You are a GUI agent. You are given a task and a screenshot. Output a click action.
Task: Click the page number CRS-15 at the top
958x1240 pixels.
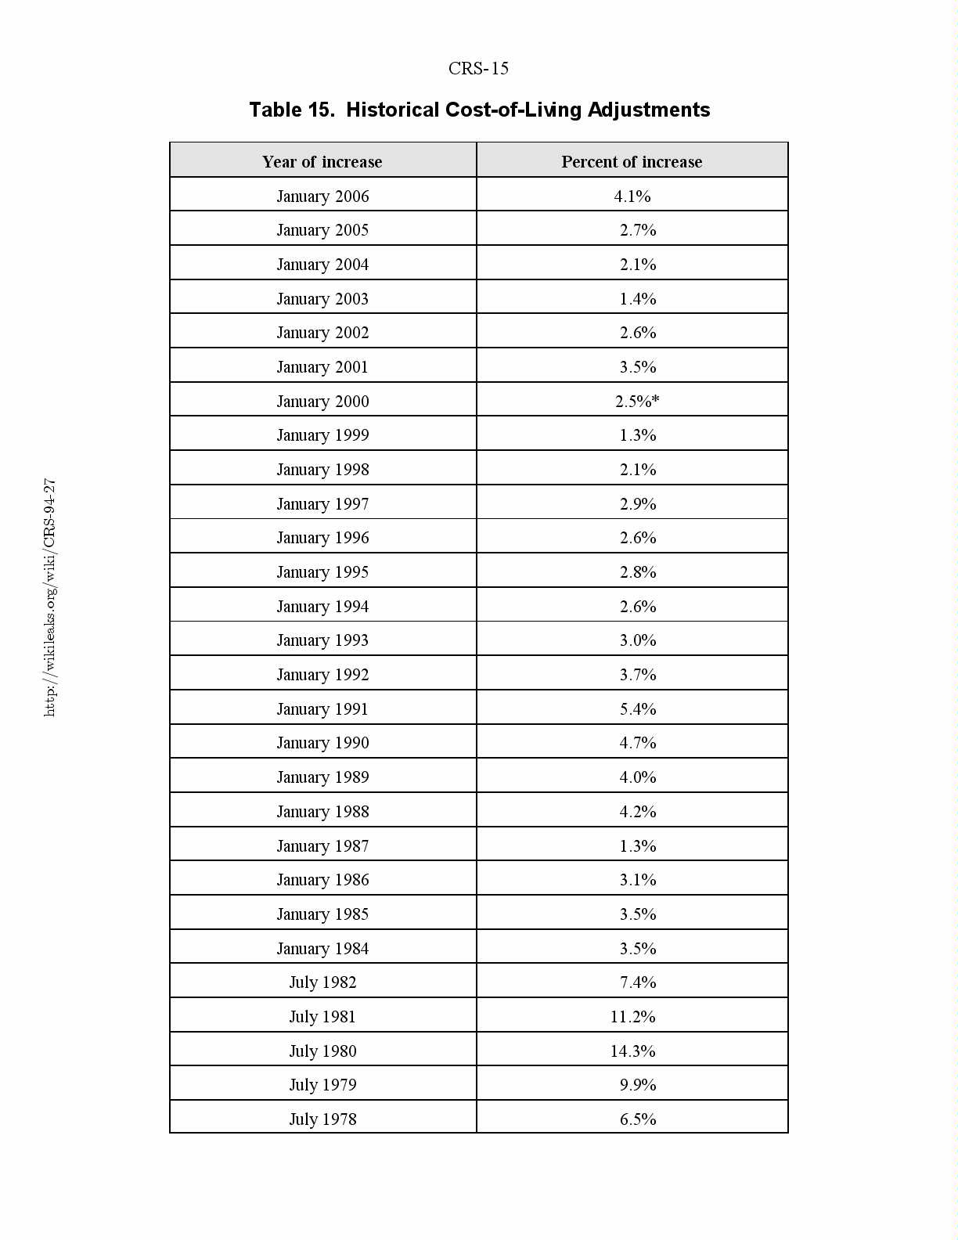[478, 69]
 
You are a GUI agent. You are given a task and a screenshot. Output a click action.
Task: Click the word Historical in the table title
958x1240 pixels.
[392, 110]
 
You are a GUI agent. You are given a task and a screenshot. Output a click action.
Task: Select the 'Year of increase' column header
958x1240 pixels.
[322, 162]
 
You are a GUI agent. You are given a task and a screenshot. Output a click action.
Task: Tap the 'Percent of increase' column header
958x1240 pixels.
[632, 162]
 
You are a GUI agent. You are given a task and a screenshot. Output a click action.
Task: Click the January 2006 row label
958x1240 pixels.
[322, 196]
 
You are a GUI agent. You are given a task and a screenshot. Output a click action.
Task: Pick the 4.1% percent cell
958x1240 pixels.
[632, 196]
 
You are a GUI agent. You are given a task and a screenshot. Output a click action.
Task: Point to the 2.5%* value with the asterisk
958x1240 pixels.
[637, 402]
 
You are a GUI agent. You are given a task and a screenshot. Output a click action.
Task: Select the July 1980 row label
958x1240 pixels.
[322, 1051]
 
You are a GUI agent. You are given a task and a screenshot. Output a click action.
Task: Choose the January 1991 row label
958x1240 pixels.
[322, 709]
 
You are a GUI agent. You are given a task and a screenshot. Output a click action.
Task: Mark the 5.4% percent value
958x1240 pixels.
[638, 709]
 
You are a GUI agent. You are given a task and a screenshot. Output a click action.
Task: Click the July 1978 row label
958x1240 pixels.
[322, 1119]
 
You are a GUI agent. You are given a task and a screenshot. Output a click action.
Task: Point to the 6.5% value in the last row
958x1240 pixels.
[638, 1119]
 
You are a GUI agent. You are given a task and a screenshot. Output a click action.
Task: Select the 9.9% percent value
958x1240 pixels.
[638, 1085]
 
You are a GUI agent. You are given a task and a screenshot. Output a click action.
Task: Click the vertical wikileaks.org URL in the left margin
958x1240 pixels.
[49, 597]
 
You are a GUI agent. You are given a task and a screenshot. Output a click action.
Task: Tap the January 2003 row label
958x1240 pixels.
[322, 299]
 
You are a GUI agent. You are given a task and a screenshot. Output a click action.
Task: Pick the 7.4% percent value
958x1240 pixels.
[638, 982]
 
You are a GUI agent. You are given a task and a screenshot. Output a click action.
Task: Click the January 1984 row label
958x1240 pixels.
[322, 949]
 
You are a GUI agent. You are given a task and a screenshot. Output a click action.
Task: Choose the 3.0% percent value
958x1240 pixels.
[638, 640]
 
